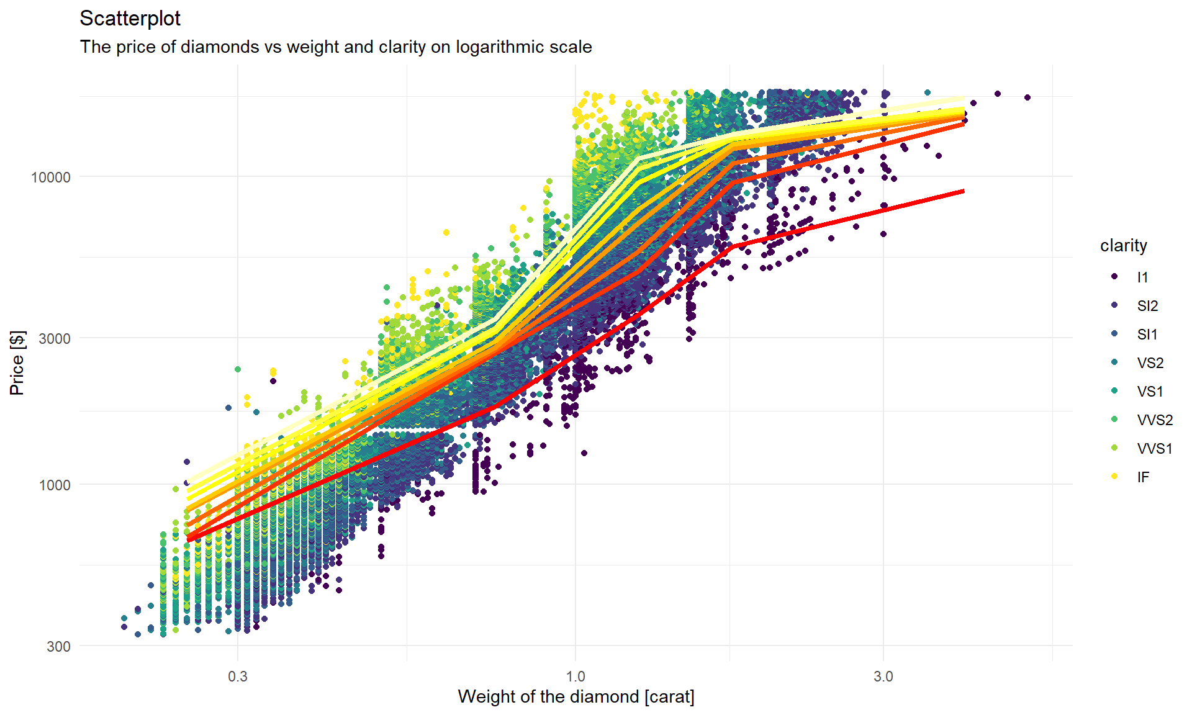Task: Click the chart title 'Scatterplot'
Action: pos(130,19)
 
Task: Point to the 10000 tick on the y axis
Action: pos(51,178)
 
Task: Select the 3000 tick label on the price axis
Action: pos(55,339)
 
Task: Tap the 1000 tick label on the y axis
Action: pos(55,485)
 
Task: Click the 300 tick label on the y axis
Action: pos(58,647)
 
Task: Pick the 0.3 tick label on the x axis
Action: pos(238,677)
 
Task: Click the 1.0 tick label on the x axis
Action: pos(576,677)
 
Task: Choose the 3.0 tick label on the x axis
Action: pos(883,677)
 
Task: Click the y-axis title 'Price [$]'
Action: pos(17,363)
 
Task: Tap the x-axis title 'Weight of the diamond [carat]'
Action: pos(576,697)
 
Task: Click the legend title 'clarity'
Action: pos(1123,246)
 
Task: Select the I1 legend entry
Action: pos(1142,277)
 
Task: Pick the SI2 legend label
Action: pos(1147,306)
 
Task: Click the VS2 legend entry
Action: pos(1150,363)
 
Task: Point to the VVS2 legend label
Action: pos(1154,420)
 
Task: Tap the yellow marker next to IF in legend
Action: pos(1115,477)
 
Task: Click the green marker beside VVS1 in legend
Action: pos(1115,448)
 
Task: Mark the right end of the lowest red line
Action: pos(963,191)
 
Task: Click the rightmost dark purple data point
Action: pos(1027,97)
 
